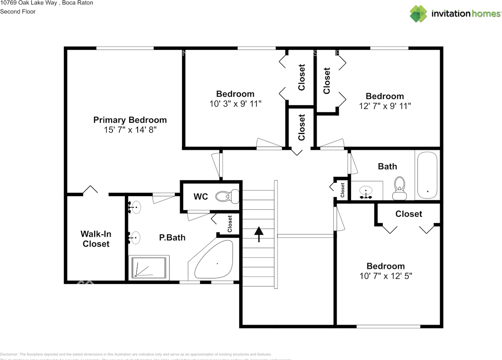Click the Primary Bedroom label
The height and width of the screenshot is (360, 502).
click(130, 120)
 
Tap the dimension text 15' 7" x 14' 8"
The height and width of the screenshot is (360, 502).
click(130, 130)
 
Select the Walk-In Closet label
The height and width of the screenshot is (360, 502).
click(96, 239)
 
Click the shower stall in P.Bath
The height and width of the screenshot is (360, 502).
click(149, 267)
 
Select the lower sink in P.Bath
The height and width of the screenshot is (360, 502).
click(135, 237)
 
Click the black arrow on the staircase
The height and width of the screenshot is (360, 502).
click(258, 234)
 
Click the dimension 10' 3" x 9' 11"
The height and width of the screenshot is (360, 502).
click(235, 104)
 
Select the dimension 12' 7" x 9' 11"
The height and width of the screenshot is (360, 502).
click(385, 106)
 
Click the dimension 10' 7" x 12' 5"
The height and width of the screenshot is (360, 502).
click(386, 276)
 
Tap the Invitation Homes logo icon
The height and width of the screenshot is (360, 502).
click(418, 14)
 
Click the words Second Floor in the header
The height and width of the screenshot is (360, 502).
click(18, 11)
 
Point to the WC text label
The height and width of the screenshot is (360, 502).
click(201, 196)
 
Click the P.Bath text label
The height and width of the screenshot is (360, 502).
click(172, 237)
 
